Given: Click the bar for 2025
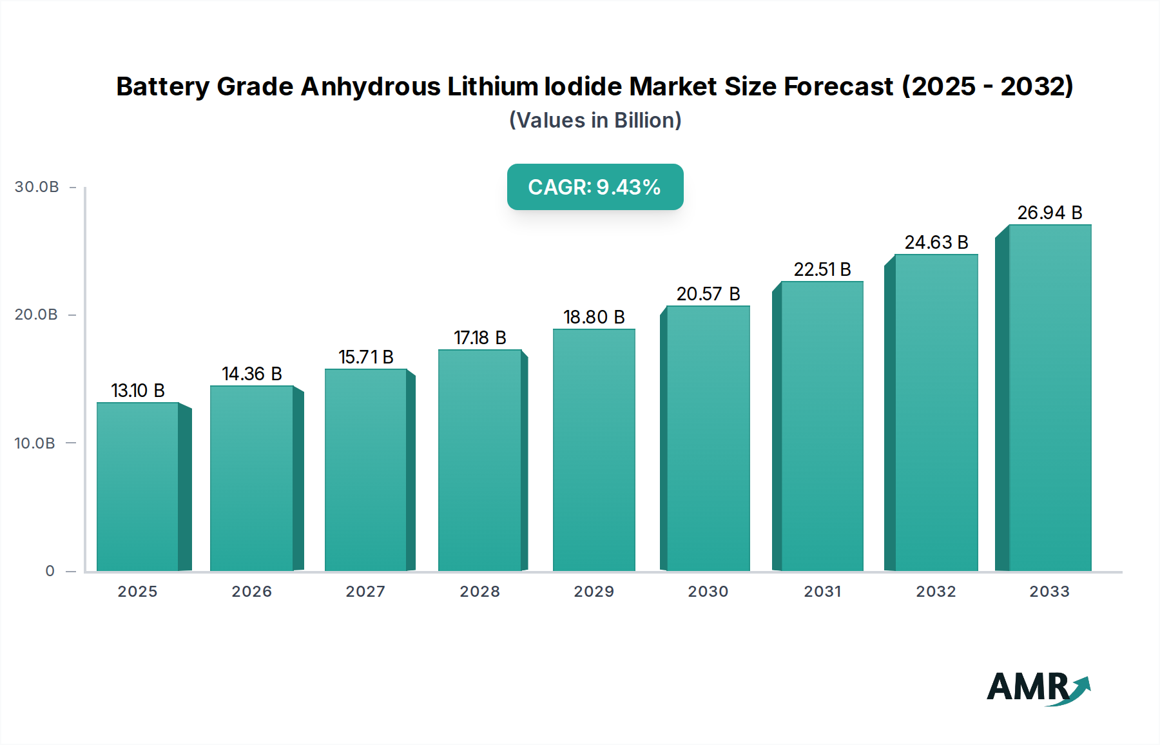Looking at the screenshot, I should [x=137, y=487].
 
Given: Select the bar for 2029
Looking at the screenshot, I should [x=594, y=450].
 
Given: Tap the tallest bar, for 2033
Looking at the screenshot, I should [x=1050, y=398].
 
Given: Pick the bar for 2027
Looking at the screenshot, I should [x=365, y=470].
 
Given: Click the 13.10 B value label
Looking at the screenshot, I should [x=138, y=391].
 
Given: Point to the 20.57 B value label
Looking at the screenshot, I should [x=708, y=294].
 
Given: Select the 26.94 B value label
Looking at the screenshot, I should [x=1050, y=213].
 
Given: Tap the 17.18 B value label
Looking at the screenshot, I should [x=480, y=338].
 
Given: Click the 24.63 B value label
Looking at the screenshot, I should [x=936, y=242].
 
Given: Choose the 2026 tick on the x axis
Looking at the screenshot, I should [x=252, y=592].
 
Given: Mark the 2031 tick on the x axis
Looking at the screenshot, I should [x=822, y=592].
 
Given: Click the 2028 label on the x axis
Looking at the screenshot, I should [x=480, y=592].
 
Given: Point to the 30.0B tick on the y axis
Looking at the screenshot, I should [x=37, y=187].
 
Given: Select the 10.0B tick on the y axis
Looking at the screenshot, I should [x=35, y=443].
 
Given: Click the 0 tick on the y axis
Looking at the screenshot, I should [x=50, y=571].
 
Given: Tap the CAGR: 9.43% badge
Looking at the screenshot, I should [x=595, y=187].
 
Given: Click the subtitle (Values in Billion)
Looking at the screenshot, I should [x=595, y=121].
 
